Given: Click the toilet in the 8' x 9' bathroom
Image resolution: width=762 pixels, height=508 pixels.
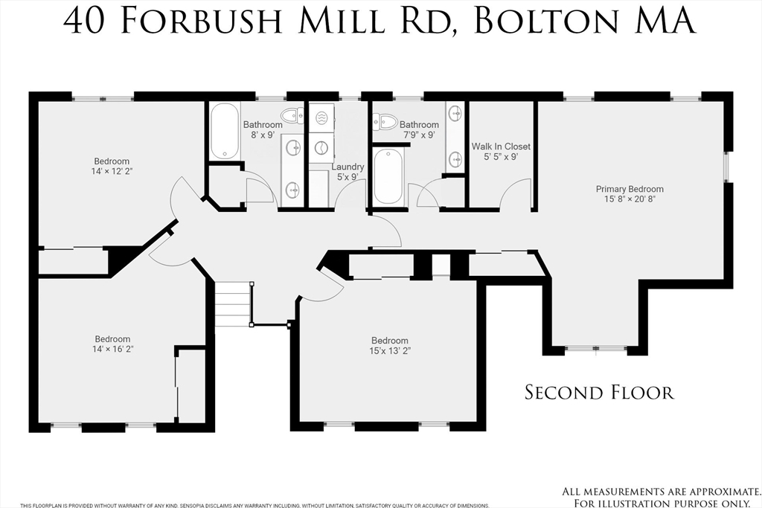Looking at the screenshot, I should tap(292, 115).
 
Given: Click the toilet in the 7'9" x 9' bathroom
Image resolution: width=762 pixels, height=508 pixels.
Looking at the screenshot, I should tap(385, 121).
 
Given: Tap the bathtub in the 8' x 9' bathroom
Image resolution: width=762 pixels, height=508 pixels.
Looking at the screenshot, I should tap(223, 132).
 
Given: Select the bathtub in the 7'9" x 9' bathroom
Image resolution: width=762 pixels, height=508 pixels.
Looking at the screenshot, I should tap(388, 176).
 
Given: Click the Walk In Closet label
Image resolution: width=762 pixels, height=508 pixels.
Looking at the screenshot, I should tap(501, 147).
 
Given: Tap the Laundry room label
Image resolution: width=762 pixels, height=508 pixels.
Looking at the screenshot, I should tap(348, 167).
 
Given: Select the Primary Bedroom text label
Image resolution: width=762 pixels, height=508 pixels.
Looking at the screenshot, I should tap(630, 189).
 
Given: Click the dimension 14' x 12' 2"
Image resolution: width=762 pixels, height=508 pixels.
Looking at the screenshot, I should tap(112, 171).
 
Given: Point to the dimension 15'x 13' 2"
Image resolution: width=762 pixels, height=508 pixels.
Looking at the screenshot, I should tap(389, 350).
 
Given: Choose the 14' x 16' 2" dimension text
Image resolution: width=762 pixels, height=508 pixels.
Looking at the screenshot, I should tap(112, 349).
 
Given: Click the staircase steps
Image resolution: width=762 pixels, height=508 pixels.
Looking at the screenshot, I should tap(234, 303).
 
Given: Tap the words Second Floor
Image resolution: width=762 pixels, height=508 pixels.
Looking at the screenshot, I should tap(599, 392).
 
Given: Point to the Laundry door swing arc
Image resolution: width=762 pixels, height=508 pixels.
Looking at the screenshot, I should tap(347, 196).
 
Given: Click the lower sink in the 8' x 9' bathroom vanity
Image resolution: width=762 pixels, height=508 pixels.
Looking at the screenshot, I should tap(293, 191).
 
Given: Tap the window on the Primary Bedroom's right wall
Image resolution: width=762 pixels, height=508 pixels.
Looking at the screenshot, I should tap(728, 167).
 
